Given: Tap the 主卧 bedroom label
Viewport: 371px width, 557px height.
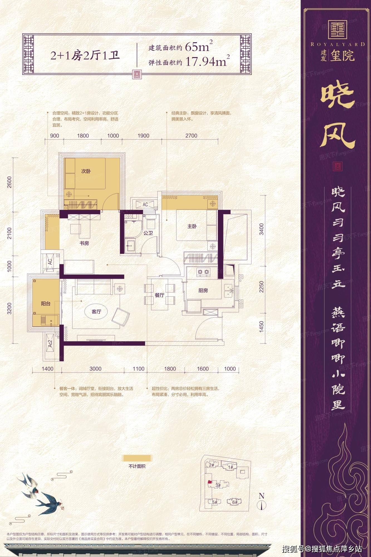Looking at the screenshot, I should pos(192,226).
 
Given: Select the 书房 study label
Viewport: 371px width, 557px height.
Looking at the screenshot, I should pos(84,243).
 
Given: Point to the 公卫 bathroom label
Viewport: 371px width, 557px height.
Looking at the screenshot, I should pos(148,233).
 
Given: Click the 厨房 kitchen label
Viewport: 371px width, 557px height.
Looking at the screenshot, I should pos(203,290).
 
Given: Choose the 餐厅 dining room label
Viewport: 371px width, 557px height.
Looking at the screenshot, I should pos(159,295).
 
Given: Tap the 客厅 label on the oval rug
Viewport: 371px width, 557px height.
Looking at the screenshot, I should pos(96,312).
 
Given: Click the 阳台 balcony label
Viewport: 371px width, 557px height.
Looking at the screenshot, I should pos(46,304).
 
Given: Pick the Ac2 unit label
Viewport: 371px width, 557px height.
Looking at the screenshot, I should pos(50,343).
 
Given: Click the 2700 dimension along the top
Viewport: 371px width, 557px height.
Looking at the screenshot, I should pos(191,136).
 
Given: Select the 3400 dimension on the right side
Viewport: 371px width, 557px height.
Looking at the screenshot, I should pos(261,229).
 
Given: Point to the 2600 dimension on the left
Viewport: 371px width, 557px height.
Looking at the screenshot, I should pos(10,182).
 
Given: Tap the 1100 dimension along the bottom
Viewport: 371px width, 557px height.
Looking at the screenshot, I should pos(138,369).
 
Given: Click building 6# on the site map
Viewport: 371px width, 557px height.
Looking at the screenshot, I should pos(235,502).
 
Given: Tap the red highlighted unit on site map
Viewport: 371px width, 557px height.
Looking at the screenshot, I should pos(209,482).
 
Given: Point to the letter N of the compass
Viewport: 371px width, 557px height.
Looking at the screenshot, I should pos(261,496).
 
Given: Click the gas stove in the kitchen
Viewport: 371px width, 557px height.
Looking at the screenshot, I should pos(203,272).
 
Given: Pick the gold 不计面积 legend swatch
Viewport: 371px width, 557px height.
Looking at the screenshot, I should pos(137,458).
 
